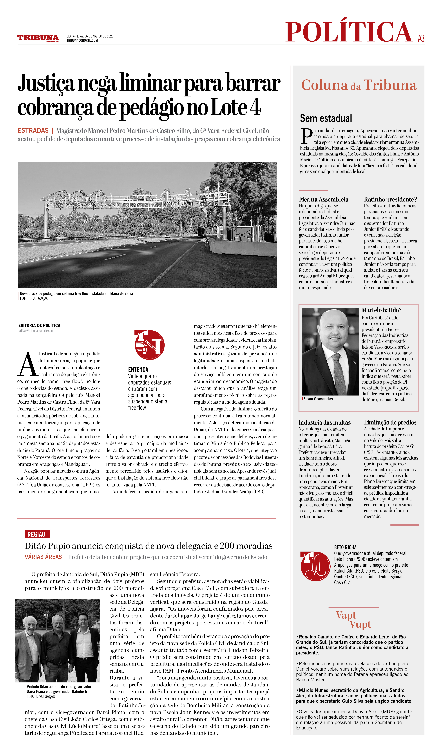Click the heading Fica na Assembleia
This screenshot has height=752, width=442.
[323, 199]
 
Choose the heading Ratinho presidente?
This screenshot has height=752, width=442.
[390, 199]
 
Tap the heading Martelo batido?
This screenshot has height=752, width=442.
[381, 310]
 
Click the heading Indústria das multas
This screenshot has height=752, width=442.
[324, 422]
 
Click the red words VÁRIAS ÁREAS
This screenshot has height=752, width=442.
[43, 557]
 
